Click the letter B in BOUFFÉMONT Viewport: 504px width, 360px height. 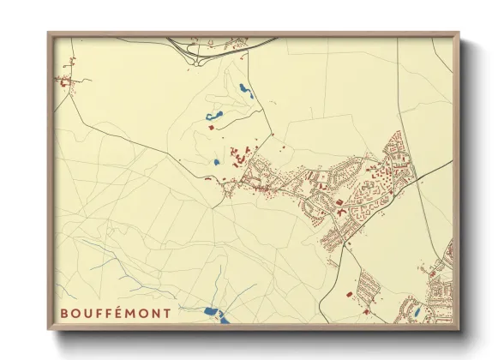pos(64,314)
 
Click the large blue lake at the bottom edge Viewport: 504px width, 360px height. pos(215,315)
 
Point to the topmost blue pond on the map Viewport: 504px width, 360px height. pos(244,88)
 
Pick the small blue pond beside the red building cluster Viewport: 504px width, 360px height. pos(217,161)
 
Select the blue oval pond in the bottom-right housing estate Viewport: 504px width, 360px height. pos(417,313)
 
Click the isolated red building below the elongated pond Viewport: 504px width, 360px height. pos(211,128)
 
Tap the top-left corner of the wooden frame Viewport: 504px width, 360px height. pos(49,34)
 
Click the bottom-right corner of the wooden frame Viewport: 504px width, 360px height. pos(458,329)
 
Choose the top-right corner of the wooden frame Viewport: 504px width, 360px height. pos(458,34)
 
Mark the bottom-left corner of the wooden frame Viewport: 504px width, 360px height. pos(49,329)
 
